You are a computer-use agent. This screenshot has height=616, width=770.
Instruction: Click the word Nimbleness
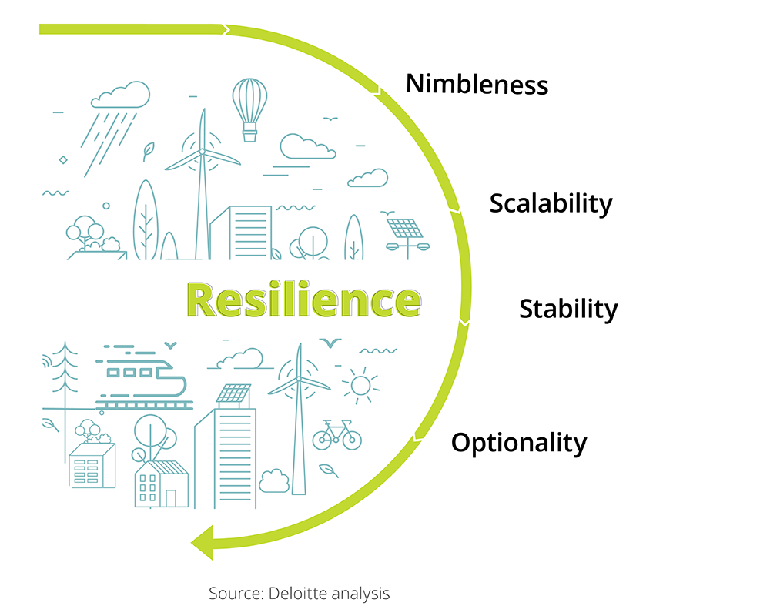[x=477, y=84]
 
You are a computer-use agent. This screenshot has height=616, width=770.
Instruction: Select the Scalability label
[x=551, y=203]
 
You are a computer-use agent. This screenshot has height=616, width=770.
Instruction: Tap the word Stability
[x=569, y=309]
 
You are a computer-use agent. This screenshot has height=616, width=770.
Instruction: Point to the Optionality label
[x=519, y=443]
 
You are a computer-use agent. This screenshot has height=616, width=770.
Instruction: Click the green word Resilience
[x=304, y=300]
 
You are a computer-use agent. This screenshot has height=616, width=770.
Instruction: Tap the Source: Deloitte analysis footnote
[x=299, y=594]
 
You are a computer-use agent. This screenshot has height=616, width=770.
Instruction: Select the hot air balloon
[x=250, y=110]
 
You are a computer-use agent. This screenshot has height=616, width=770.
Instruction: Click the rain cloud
[x=120, y=95]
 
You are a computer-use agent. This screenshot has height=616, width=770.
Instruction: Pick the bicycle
[x=337, y=435]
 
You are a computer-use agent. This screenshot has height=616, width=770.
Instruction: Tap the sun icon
[x=361, y=386]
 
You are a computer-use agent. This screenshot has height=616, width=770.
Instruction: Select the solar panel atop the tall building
[x=234, y=393]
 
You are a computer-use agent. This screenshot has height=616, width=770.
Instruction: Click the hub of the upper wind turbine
[x=202, y=152]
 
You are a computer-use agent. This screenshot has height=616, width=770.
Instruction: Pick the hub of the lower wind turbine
[x=299, y=380]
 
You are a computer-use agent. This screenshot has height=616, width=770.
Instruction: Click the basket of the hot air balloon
[x=250, y=136]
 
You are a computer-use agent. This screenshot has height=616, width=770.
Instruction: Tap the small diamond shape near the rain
[x=63, y=160]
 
